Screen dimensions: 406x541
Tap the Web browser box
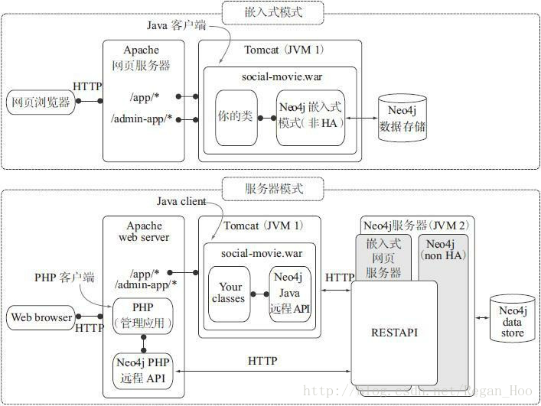coord(41,317)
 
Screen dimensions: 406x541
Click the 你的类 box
coord(236,118)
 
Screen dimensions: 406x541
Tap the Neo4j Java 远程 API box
coord(290,294)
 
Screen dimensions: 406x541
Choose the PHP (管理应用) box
coord(143,317)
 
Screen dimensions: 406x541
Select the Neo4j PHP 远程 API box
coord(143,370)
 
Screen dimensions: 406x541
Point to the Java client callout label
coord(182,202)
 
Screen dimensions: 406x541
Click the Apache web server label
coord(144,232)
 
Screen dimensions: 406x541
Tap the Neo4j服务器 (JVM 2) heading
coord(414,225)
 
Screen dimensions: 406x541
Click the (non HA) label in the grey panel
coord(444,255)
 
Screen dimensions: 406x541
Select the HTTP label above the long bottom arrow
coord(262,360)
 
